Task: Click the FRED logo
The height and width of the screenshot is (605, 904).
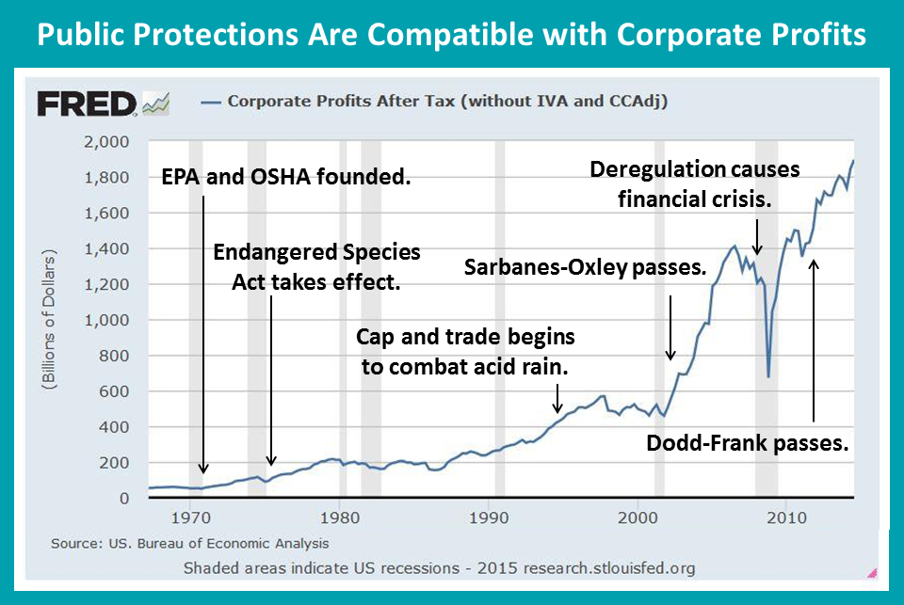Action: pyautogui.click(x=104, y=104)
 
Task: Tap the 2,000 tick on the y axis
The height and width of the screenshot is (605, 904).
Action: pyautogui.click(x=106, y=142)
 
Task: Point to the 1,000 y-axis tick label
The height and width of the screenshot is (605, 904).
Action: pyautogui.click(x=106, y=320)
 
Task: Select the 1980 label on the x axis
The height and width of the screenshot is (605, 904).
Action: pyautogui.click(x=340, y=517)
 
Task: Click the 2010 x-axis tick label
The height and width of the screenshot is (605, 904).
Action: pyautogui.click(x=786, y=517)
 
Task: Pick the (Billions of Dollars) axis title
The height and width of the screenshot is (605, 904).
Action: pyautogui.click(x=49, y=320)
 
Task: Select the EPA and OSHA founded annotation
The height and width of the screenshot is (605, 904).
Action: pyautogui.click(x=286, y=177)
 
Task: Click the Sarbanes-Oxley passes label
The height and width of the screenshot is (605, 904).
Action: pyautogui.click(x=585, y=267)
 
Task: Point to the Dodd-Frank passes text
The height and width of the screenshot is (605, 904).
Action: pyautogui.click(x=747, y=443)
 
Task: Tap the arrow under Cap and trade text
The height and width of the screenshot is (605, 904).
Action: pyautogui.click(x=557, y=399)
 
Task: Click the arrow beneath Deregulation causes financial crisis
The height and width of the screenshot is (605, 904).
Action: pyautogui.click(x=757, y=237)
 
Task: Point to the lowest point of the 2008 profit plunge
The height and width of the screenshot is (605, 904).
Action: pyautogui.click(x=768, y=376)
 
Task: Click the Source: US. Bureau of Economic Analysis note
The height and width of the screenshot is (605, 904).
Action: pyautogui.click(x=189, y=543)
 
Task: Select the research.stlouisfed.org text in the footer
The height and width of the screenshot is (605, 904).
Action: pyautogui.click(x=609, y=568)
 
